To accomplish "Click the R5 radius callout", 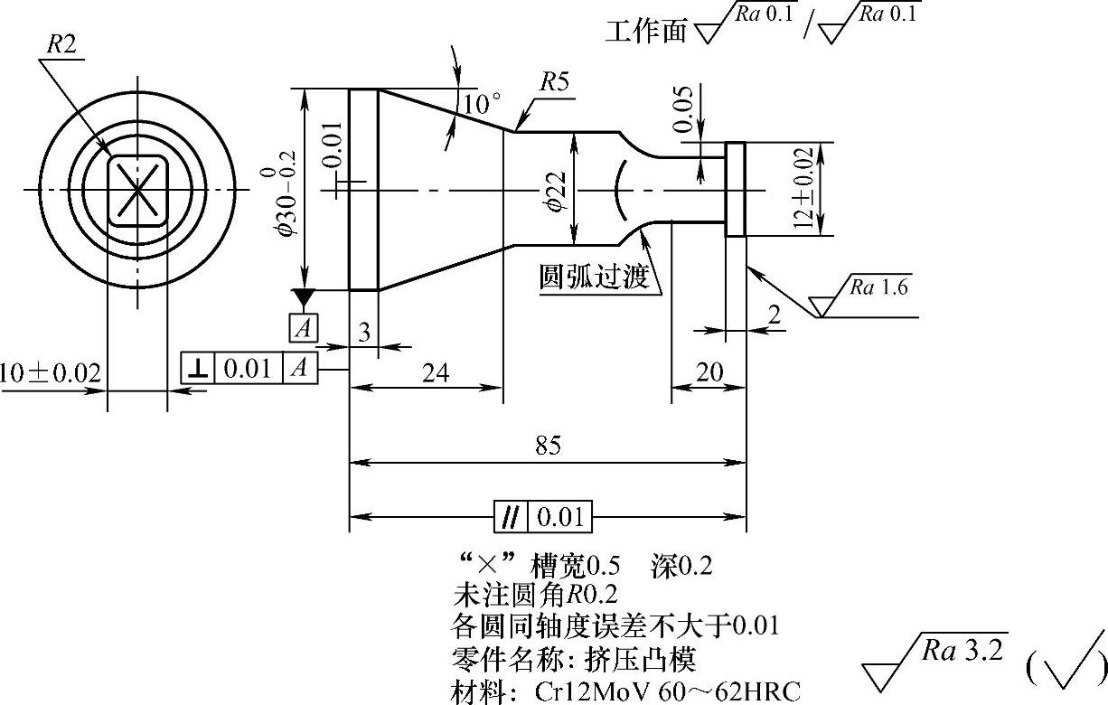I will coord(555,82).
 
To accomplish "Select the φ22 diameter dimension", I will coord(558,190).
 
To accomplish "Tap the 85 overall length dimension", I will coord(548,446).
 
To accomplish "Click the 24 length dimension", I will coord(437,371).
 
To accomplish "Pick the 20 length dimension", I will coord(709,371).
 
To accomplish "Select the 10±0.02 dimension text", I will coord(50,373).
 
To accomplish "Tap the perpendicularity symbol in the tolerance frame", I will coord(197,368).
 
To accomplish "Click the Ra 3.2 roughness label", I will coord(962,652).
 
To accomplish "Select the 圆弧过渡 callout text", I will coord(594,277).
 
